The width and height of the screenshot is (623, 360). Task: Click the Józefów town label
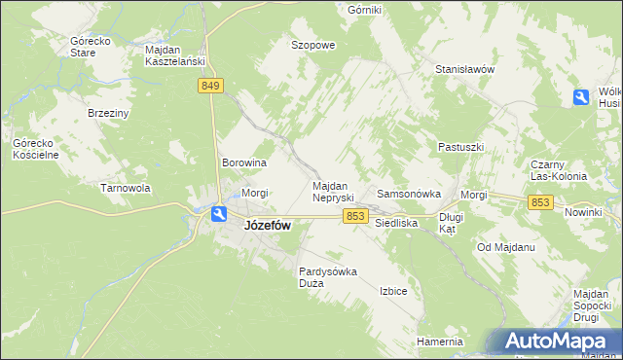pyautogui.click(x=265, y=225)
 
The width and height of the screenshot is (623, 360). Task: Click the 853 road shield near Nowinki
pyautogui.click(x=541, y=201)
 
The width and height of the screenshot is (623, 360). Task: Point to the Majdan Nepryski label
pyautogui.click(x=338, y=191)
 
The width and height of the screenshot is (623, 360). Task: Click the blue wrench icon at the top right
pyautogui.click(x=580, y=97)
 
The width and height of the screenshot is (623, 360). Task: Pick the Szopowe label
pyautogui.click(x=313, y=45)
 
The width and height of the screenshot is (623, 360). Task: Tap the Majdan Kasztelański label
pyautogui.click(x=174, y=55)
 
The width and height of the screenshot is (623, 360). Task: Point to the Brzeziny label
pyautogui.click(x=108, y=113)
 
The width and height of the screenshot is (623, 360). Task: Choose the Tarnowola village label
pyautogui.click(x=125, y=188)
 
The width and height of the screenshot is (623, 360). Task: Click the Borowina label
pyautogui.click(x=244, y=163)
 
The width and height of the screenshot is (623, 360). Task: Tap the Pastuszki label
pyautogui.click(x=460, y=147)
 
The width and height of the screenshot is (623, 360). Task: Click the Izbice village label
pyautogui.click(x=393, y=291)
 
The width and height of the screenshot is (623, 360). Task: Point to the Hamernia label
pyautogui.click(x=439, y=342)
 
